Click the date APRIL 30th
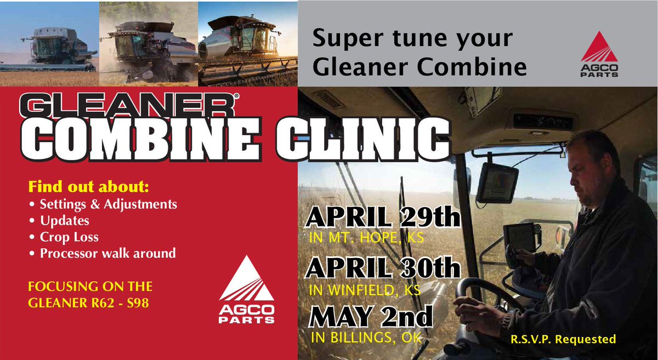pos(382,268)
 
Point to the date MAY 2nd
pos(371,317)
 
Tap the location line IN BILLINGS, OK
pos(366,338)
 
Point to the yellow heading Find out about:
pos(88,186)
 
